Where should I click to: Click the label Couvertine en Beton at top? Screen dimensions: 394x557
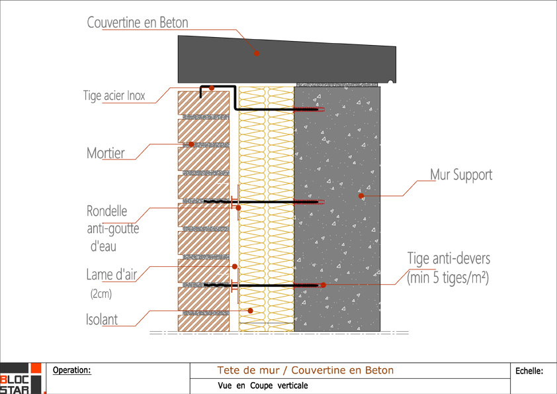(x=138, y=23)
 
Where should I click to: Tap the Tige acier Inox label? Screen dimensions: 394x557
(x=114, y=95)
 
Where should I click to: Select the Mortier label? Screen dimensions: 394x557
(x=106, y=154)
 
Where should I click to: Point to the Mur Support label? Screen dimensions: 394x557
(x=461, y=175)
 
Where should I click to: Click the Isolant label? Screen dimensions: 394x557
(x=102, y=320)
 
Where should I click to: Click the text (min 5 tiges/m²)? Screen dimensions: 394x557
(x=448, y=278)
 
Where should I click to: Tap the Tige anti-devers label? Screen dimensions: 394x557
(x=448, y=259)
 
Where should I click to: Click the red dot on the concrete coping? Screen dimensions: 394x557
(x=257, y=53)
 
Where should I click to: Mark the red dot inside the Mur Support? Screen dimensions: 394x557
(x=361, y=196)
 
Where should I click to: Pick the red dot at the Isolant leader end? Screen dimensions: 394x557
(x=250, y=310)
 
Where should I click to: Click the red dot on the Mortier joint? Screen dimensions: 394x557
(x=191, y=144)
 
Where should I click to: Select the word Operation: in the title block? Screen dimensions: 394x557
(x=71, y=370)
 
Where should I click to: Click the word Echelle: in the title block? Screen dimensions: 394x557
(x=529, y=371)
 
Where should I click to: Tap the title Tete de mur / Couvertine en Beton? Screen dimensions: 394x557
(x=305, y=370)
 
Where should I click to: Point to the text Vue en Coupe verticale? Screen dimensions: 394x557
(x=263, y=385)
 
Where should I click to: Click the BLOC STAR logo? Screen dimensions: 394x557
(x=20, y=379)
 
